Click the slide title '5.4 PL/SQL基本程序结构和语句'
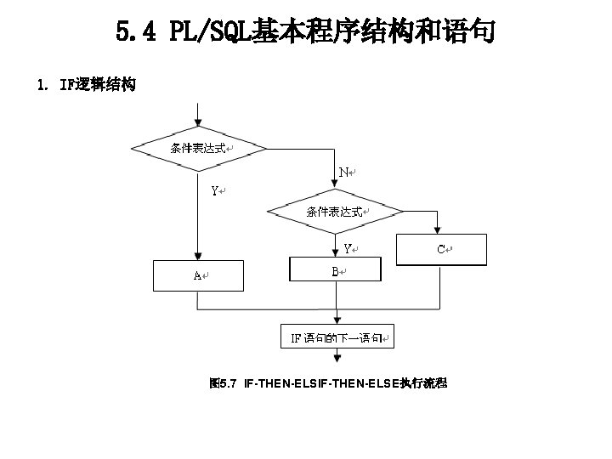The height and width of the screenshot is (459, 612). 305,33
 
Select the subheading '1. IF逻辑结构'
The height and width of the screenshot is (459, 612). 86,85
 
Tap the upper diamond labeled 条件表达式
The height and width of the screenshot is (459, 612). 198,148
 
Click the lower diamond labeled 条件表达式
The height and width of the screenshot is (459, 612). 336,212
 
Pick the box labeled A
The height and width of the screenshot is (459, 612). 197,275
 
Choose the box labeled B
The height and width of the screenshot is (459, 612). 336,271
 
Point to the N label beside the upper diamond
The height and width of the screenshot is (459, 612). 343,172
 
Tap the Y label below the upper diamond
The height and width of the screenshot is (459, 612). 216,190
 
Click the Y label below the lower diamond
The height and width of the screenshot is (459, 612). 348,248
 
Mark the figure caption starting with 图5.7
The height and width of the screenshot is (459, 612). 328,384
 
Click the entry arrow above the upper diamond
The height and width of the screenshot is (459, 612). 197,115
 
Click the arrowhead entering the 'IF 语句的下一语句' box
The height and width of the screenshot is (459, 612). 337,319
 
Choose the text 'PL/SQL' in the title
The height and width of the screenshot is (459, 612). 209,33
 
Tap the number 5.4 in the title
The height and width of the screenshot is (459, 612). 136,33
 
